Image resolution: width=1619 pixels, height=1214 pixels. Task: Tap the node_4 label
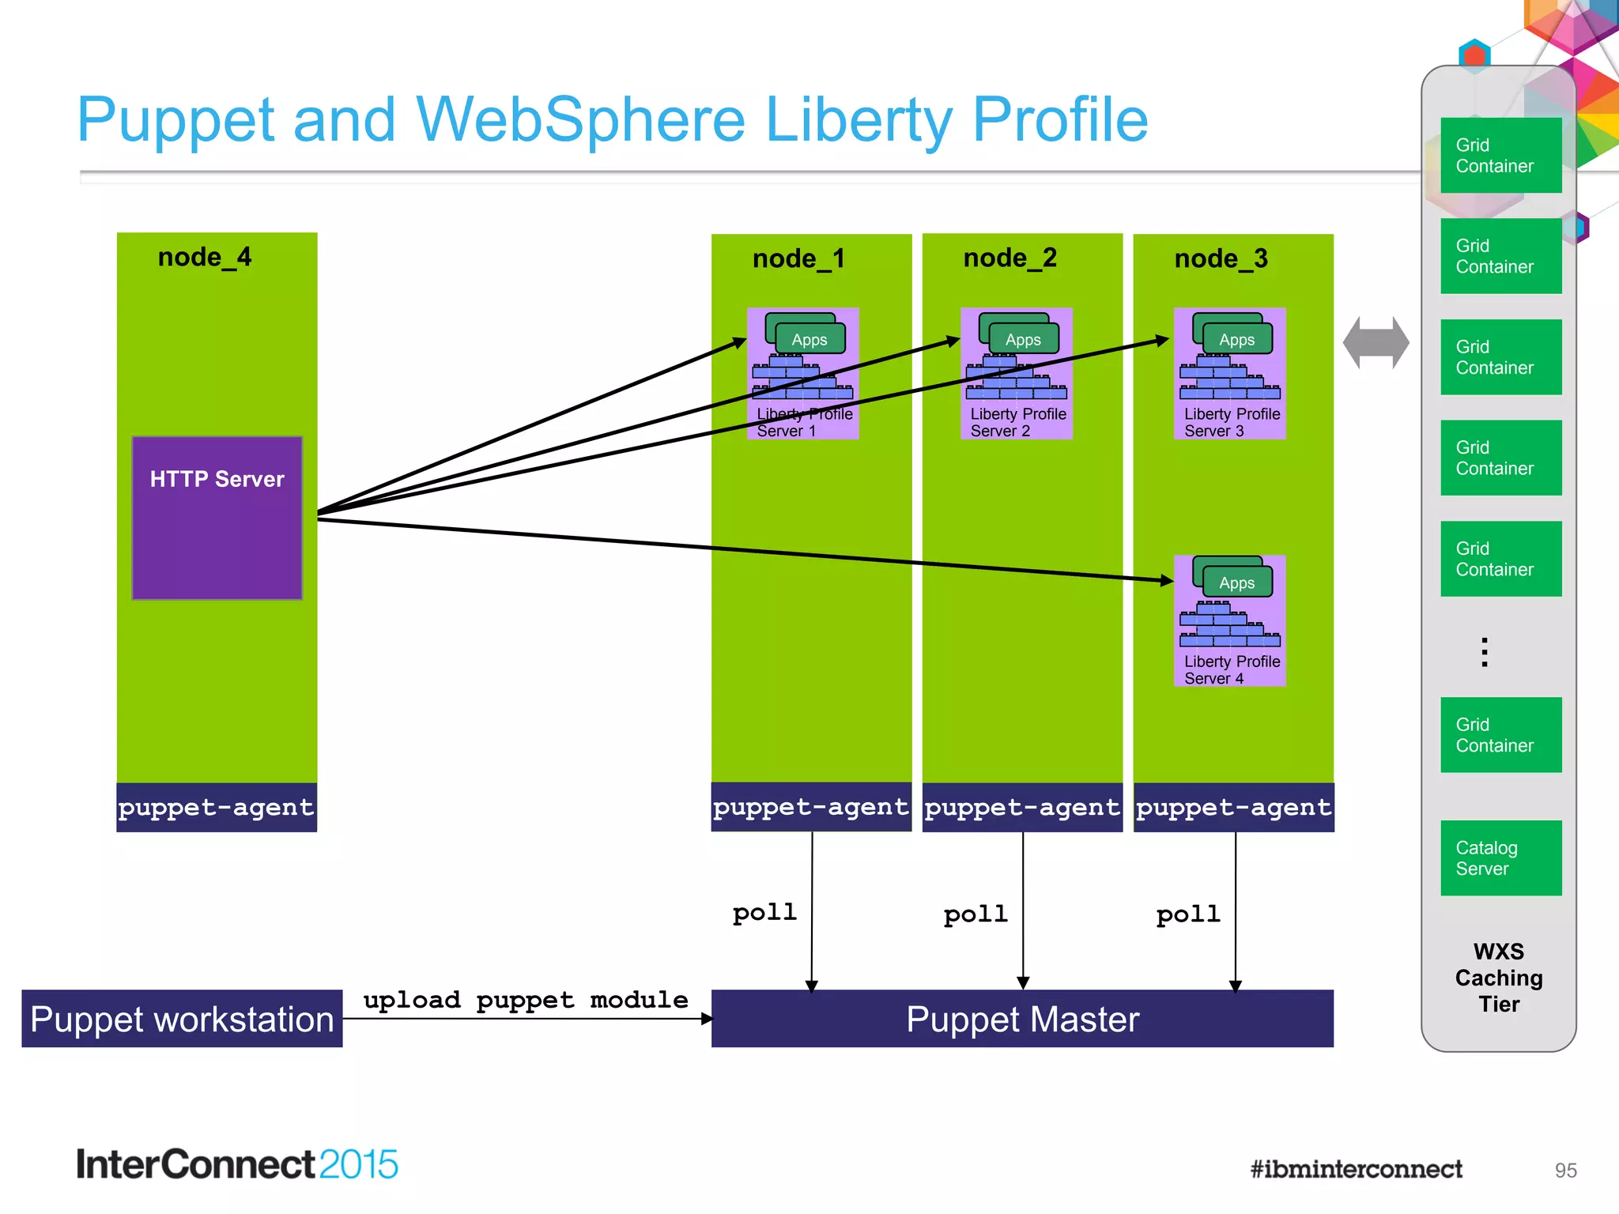[205, 257]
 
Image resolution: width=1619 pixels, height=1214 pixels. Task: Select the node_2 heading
[1010, 258]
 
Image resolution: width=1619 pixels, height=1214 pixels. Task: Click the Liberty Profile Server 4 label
[1231, 669]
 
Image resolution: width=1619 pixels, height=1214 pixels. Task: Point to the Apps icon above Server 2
[1022, 338]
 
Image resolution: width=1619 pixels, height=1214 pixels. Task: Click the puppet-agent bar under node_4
[217, 807]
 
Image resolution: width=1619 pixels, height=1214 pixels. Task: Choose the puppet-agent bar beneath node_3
[1233, 807]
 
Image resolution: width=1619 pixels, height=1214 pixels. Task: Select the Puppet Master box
[1022, 1019]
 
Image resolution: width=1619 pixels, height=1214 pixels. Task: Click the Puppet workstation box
[182, 1019]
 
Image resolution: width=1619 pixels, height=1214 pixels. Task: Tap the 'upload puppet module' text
[526, 1000]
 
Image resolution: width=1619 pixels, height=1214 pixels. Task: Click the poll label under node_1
[764, 912]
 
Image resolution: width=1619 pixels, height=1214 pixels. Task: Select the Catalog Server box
[1500, 858]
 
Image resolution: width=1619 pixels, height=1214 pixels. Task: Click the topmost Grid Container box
[1500, 155]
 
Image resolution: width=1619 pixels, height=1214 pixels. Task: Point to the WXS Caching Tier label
[1499, 978]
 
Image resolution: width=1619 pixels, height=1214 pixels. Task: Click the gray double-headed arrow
[1376, 343]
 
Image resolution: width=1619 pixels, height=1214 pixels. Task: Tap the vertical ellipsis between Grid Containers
[1485, 652]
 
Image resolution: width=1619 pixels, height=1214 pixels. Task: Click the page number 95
[1565, 1171]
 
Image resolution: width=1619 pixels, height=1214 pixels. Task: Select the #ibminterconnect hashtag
[1356, 1169]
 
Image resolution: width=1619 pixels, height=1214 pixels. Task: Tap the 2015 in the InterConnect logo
[359, 1164]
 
